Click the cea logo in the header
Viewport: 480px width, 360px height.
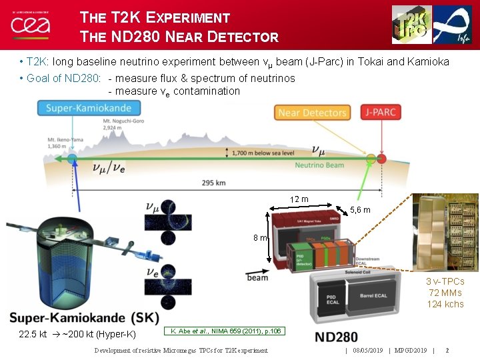click(27, 24)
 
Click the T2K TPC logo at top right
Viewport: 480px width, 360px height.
click(411, 24)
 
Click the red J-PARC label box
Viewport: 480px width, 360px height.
click(381, 112)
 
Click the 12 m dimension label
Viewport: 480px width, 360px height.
click(299, 199)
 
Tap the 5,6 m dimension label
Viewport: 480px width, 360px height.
click(360, 211)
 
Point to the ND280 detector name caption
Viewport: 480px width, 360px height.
click(337, 337)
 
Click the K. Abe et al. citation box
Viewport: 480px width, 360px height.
click(226, 331)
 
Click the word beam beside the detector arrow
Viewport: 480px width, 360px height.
click(257, 277)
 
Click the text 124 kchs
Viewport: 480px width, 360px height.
click(445, 305)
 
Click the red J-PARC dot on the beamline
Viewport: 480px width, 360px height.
click(381, 159)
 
